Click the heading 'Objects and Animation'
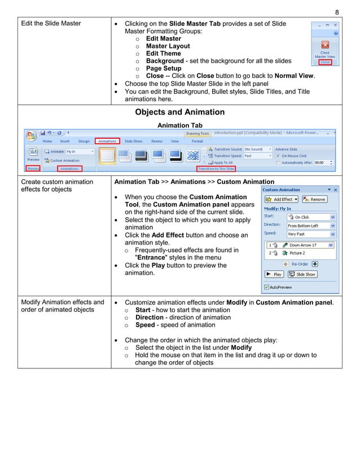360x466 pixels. point(179,112)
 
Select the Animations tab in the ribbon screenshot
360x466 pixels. point(107,141)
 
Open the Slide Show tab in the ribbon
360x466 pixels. point(133,141)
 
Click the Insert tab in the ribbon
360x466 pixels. point(65,141)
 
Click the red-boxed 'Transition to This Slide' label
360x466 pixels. point(216,168)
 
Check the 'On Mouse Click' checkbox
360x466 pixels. point(279,156)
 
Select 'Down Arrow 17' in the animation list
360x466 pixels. point(302,245)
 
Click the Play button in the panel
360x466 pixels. point(275,274)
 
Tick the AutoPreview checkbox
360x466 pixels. point(267,287)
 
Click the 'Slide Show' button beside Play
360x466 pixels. point(303,274)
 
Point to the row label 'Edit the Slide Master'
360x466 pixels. point(51,23)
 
